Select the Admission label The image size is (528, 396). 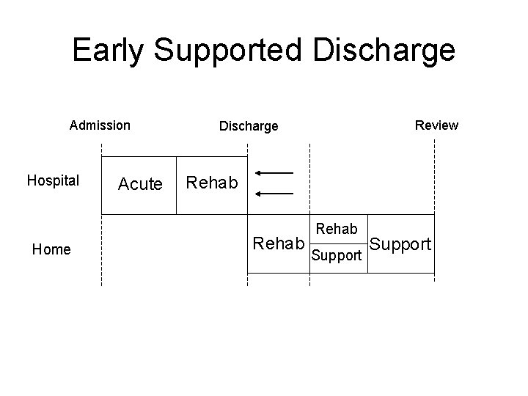100,125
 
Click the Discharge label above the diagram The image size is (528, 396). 249,126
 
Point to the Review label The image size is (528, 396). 436,125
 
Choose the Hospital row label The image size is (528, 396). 53,180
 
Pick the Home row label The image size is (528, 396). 51,250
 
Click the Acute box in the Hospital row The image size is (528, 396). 140,185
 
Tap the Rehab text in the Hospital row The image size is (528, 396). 213,181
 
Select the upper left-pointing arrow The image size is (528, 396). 274,173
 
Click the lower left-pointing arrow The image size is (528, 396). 274,194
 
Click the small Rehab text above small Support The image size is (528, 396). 337,229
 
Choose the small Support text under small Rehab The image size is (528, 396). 337,257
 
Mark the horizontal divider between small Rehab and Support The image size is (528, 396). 337,243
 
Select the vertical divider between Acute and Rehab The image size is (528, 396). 177,185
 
